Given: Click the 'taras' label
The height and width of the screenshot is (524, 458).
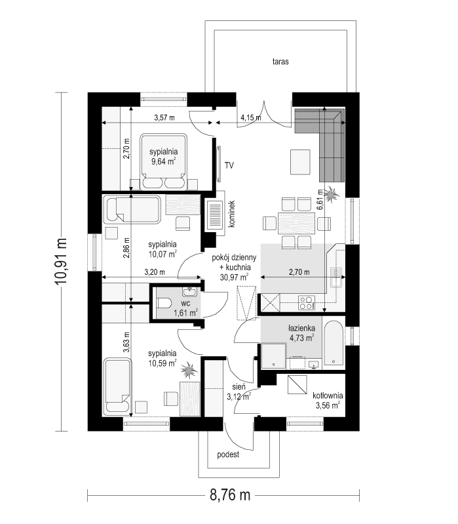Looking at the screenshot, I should coord(281,62).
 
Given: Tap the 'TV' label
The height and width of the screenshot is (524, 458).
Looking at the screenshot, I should coord(229,165).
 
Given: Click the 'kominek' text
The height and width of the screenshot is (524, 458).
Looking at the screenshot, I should coord(232,214).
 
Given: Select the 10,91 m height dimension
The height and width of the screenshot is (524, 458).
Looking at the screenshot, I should coord(64,260).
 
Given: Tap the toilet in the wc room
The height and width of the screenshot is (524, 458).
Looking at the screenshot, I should coord(164,302).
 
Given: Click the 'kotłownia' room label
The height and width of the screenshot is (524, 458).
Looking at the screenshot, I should coord(328,395).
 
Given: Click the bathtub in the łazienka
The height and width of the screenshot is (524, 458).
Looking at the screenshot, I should coord(334,342).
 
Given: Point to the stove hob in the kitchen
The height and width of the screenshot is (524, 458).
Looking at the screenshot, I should coord(307,302).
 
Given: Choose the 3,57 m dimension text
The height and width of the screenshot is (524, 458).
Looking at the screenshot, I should coord(164,118).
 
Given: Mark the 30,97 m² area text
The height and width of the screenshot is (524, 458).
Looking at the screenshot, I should coord(234,277).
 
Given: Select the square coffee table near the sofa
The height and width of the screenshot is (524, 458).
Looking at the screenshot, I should coord(301,161).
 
